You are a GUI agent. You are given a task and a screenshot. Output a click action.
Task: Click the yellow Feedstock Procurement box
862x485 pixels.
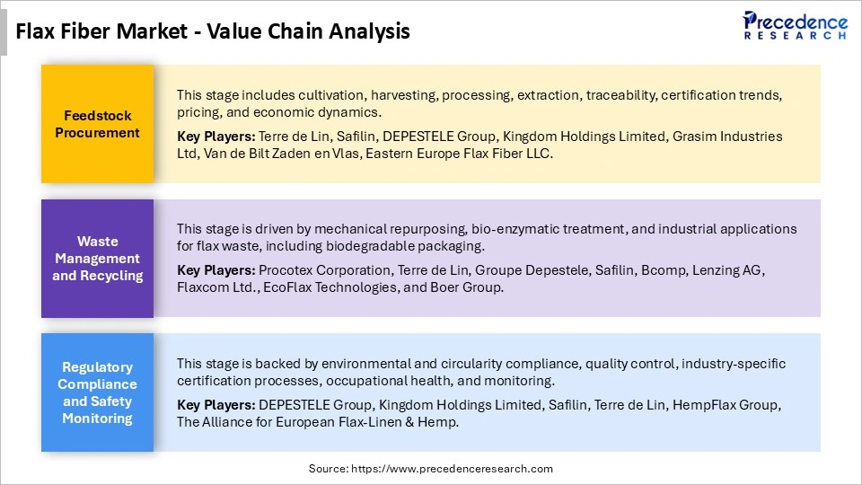97,124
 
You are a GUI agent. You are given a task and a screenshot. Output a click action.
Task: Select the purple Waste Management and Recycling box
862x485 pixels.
97,259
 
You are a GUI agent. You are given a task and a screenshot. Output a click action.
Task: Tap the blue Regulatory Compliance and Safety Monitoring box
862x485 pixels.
97,392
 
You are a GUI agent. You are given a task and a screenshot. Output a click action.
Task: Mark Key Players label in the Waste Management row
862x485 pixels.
215,270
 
